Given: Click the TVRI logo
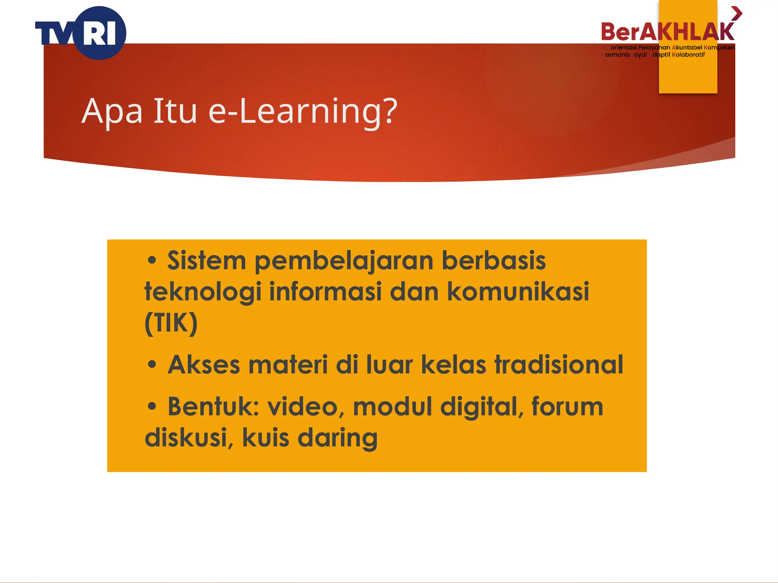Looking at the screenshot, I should [x=81, y=33].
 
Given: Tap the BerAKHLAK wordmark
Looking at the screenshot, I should [x=667, y=32].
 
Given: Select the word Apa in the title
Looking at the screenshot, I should [x=112, y=111].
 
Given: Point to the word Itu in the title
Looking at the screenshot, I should [x=175, y=111].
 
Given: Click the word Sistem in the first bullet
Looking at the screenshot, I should [x=207, y=261].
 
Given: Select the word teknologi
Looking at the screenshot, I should [x=203, y=292].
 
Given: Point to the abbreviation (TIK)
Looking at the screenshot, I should [x=171, y=323].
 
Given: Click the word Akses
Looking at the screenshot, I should [x=204, y=365].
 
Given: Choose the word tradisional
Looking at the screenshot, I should [x=558, y=365].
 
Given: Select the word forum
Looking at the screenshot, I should [x=567, y=407].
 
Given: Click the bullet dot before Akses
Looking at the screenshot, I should [x=152, y=365].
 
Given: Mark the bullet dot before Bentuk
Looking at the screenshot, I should [x=152, y=407].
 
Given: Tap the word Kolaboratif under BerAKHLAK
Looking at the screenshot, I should [x=688, y=55].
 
